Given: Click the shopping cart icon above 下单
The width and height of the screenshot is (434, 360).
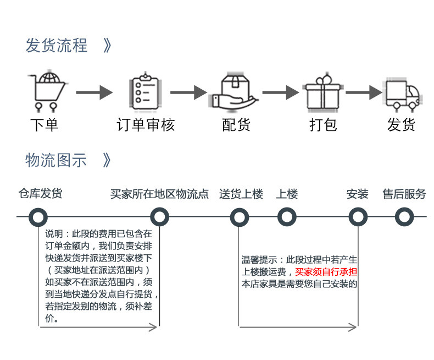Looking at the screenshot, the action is tap(47, 91).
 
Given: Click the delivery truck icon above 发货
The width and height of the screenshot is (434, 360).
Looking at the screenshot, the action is tap(403, 94).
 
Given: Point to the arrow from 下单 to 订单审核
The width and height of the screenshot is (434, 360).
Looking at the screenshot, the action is tap(94, 92).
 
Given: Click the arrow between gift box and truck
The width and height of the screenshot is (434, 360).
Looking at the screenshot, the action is tap(364, 92).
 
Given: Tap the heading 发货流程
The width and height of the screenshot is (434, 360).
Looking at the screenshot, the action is tap(57, 45).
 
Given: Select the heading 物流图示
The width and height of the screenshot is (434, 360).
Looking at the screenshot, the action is tap(56, 160).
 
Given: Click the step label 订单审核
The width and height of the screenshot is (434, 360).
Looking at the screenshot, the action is tap(146, 124).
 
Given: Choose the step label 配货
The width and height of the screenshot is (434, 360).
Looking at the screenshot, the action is tap(236, 124).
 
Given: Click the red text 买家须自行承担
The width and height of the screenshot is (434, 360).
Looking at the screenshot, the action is tap(326, 272).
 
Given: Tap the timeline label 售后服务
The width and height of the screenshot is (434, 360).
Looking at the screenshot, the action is tap(404, 194).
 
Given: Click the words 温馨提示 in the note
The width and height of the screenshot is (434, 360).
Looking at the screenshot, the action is tap(259, 260).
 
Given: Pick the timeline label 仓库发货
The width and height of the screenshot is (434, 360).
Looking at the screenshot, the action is tap(41, 193).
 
